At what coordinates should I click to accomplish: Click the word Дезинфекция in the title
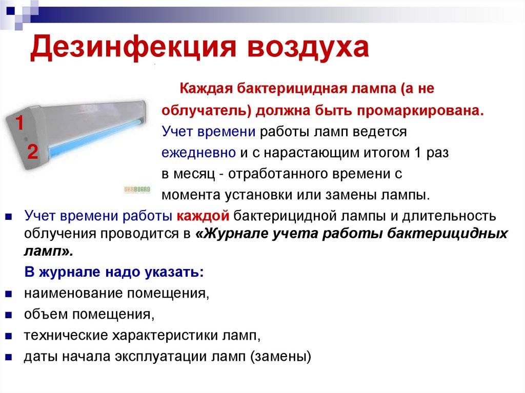pos(133,47)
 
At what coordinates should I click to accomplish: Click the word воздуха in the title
pos(308,47)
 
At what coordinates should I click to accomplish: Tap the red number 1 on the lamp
pos(20,122)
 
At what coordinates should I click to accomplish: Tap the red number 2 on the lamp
pos(32,151)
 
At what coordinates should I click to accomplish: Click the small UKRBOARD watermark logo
pos(137,190)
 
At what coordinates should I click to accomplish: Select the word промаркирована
pos(420,111)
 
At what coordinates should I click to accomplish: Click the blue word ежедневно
pos(198,153)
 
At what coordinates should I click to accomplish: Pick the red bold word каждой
pos(203,216)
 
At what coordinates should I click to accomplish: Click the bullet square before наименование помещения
pos(9,294)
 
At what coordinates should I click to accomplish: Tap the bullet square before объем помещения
pos(9,315)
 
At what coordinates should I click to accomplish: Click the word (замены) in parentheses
pos(281,357)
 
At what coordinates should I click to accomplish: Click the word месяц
pos(193,174)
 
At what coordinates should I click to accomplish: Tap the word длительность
pos(449,216)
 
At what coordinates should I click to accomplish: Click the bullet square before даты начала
pos(9,357)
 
